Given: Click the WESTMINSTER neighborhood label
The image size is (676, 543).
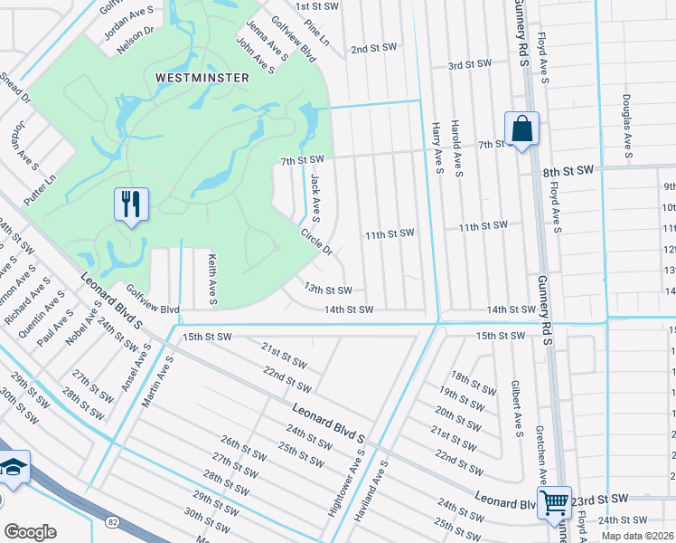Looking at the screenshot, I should pyautogui.click(x=202, y=78).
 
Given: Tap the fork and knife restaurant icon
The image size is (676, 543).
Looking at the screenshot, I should pyautogui.click(x=131, y=205).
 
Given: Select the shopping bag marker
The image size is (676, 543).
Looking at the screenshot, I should pyautogui.click(x=522, y=129).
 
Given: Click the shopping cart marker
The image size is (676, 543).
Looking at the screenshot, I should pyautogui.click(x=554, y=501).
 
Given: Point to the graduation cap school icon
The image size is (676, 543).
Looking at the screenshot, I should pyautogui.click(x=14, y=468).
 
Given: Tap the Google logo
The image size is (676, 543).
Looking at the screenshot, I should pyautogui.click(x=29, y=532).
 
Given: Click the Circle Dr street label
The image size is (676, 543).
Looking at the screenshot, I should pyautogui.click(x=317, y=240).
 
